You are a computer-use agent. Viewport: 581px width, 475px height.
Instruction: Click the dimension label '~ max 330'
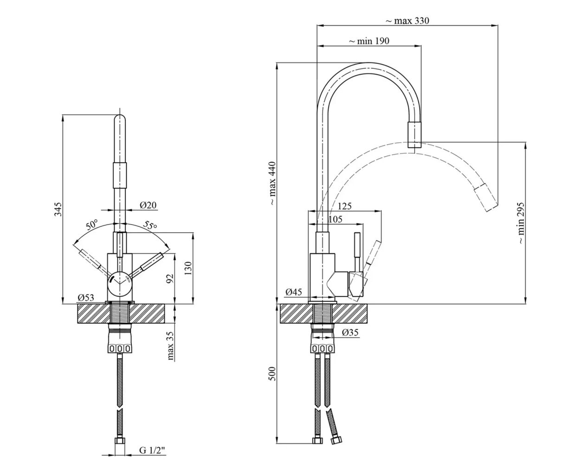click(x=407, y=21)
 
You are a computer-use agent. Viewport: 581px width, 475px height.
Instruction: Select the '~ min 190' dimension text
click(x=369, y=41)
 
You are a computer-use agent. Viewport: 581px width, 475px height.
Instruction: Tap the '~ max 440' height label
click(x=272, y=183)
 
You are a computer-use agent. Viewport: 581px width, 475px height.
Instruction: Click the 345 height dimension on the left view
click(x=58, y=209)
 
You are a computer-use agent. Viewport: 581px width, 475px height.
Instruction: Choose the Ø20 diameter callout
click(x=148, y=205)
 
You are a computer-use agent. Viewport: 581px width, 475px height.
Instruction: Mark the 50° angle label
click(x=92, y=225)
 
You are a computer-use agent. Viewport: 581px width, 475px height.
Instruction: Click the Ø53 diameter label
click(x=86, y=297)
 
